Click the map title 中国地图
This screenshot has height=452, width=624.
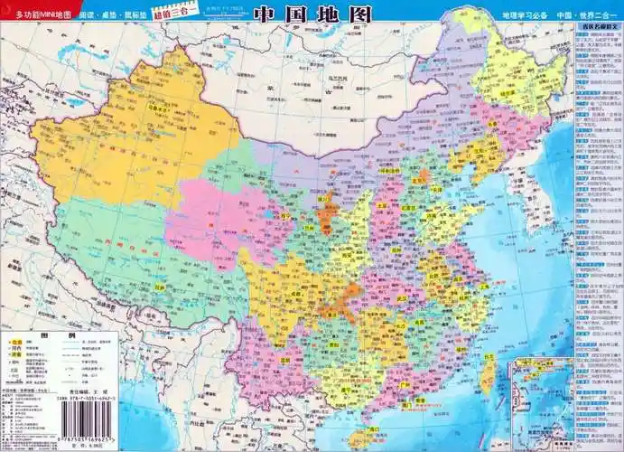click(x=311, y=14)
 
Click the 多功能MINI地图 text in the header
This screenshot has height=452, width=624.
click(x=37, y=16)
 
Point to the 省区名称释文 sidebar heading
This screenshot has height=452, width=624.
click(x=597, y=28)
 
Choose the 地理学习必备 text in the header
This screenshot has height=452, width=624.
click(x=524, y=16)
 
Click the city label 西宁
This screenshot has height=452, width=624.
click(x=284, y=217)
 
